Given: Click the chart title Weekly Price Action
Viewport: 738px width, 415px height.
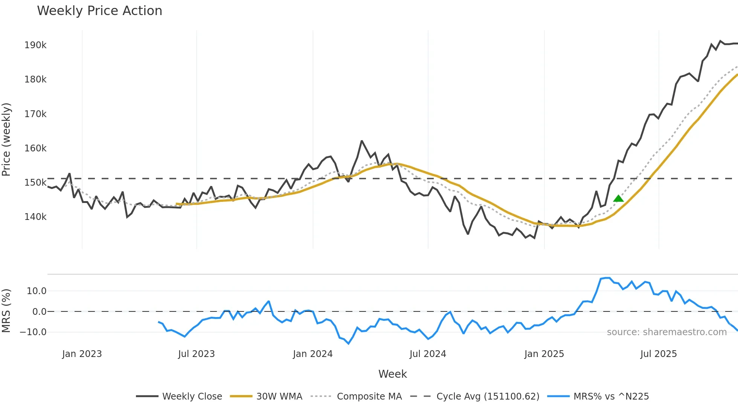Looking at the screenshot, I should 99,11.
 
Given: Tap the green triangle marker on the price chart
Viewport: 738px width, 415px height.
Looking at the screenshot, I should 618,198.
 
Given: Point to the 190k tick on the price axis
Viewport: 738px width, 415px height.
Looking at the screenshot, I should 35,45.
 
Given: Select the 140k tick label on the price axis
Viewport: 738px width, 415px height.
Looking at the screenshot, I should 35,217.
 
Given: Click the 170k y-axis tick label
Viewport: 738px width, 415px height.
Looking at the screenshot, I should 35,114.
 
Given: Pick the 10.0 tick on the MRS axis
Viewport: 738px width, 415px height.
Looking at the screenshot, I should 37,291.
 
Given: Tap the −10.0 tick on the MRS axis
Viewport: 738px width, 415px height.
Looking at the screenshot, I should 33,332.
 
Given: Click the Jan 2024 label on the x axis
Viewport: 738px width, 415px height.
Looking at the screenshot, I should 313,354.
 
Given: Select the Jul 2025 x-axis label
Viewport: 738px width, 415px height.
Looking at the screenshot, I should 658,354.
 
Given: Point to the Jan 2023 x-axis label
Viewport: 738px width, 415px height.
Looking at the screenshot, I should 82,354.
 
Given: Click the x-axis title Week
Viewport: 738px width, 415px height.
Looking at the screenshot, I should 392,374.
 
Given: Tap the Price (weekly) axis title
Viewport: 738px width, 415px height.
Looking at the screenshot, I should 6,139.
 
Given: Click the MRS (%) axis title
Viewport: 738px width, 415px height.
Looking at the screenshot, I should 6,311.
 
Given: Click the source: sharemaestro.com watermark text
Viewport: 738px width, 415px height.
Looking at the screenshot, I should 666,332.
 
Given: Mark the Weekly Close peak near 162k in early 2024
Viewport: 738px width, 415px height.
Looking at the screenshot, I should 361,141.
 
